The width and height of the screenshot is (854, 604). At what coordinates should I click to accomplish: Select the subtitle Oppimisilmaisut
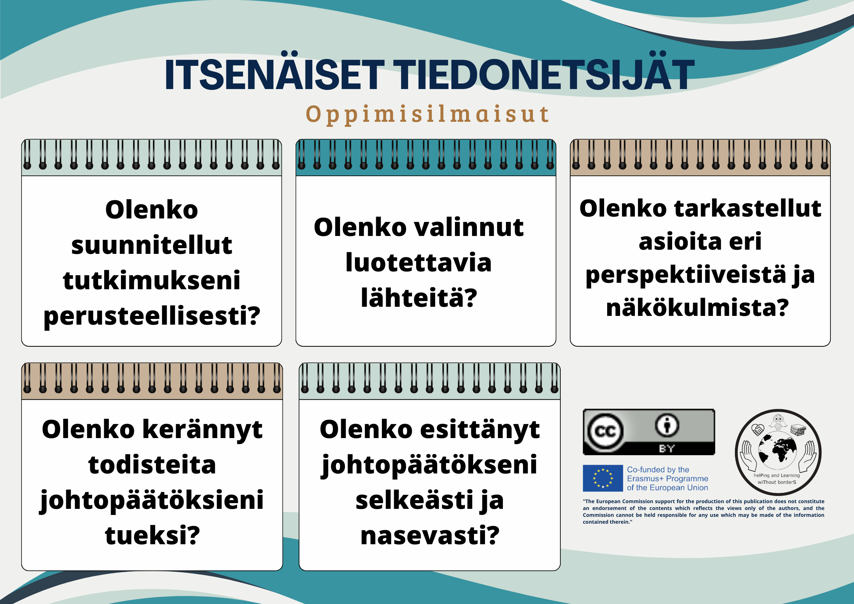click(x=428, y=114)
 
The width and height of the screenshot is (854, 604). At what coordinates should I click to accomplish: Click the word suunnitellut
click(x=151, y=245)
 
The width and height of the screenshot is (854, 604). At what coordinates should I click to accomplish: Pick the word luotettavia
click(x=418, y=262)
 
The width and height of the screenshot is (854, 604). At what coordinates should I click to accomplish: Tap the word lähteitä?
click(x=418, y=297)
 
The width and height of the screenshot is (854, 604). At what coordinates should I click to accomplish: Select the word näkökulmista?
click(x=697, y=307)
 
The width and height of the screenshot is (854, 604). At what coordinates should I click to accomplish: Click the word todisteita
click(x=152, y=465)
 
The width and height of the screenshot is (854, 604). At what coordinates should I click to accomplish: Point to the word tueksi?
click(x=152, y=535)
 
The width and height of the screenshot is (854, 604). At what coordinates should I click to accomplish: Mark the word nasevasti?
click(x=430, y=535)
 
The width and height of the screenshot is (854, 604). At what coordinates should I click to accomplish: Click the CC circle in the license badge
click(x=605, y=431)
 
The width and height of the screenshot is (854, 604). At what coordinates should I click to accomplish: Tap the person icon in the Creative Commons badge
click(x=666, y=425)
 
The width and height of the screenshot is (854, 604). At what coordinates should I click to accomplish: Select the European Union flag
click(x=603, y=478)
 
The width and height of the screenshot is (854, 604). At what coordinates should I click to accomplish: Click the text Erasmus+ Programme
click(x=668, y=478)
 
